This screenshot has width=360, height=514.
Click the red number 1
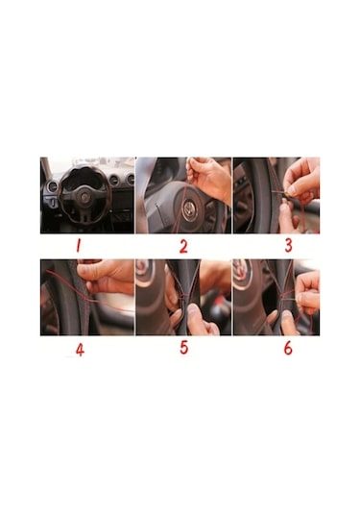(x=78, y=246)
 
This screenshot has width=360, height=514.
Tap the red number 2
(x=183, y=247)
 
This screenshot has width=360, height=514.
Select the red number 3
(x=288, y=245)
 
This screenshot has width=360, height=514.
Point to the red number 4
(x=80, y=350)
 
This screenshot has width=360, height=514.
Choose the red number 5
(x=184, y=348)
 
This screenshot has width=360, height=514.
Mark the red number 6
(x=288, y=348)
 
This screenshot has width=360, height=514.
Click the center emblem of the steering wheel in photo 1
(x=84, y=197)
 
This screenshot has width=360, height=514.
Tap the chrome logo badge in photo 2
(x=189, y=208)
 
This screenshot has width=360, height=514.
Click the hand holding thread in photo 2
(x=209, y=177)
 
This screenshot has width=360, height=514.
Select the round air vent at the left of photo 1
(x=52, y=186)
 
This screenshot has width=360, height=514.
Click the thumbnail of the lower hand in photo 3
(x=284, y=208)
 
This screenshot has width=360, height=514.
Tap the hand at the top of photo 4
(x=105, y=276)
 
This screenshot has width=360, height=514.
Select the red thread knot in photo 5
(x=184, y=296)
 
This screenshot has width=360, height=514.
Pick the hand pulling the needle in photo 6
(x=307, y=293)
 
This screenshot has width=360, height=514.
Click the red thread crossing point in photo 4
(x=85, y=299)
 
